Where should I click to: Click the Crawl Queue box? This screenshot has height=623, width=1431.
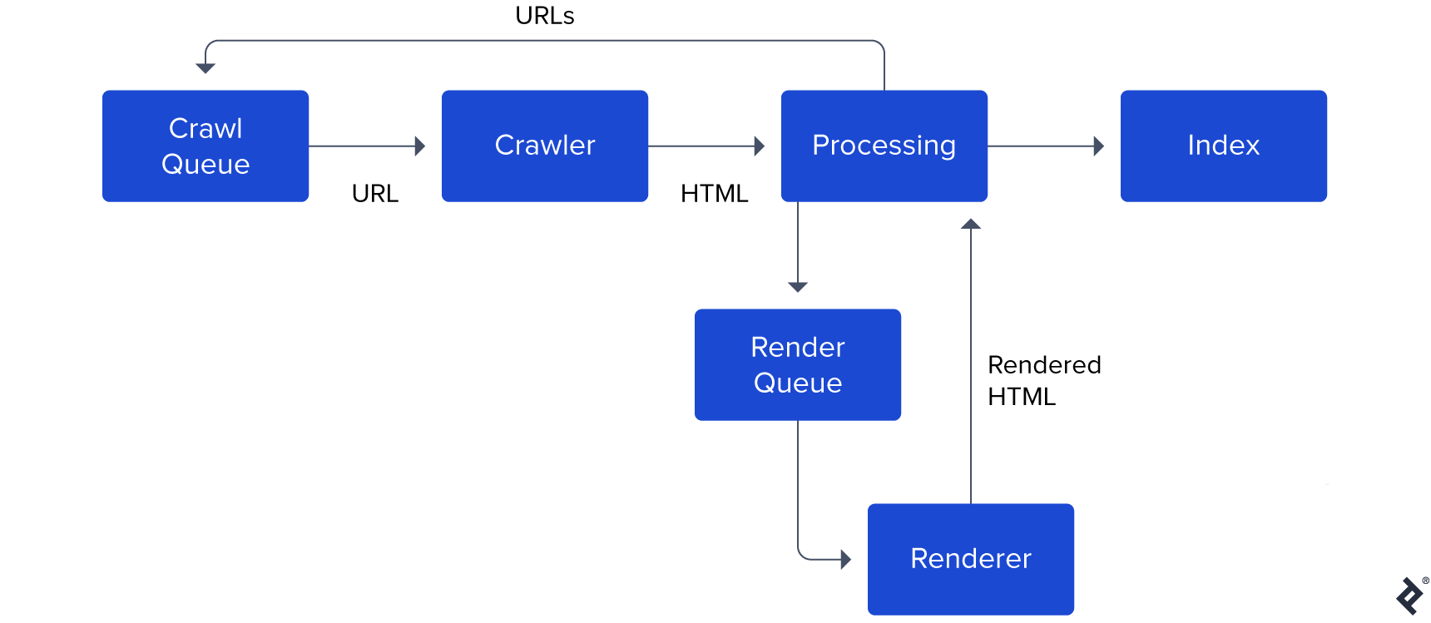205,146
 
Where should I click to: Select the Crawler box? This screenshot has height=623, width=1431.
544,146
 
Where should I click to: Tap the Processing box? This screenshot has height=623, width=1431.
884,146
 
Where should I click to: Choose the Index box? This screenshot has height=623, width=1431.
1223,146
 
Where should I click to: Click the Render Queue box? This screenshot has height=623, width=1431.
797,364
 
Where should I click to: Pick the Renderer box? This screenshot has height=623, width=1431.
970,558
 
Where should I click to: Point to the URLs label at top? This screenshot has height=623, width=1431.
544,16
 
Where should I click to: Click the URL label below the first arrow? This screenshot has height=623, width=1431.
374,194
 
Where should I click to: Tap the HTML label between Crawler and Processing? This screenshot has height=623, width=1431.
714,194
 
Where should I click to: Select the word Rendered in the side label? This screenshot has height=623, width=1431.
1044,365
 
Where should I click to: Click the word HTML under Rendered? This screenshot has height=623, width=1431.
1021,397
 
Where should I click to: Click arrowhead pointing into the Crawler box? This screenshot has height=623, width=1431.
420,146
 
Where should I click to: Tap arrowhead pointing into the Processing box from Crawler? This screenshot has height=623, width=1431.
759,146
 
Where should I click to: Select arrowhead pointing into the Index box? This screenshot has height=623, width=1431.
1098,146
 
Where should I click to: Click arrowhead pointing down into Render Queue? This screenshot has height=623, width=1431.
798,287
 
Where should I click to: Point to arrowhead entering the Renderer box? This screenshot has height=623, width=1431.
845,559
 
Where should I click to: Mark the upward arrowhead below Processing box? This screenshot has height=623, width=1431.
971,224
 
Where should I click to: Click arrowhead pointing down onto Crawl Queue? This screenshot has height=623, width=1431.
205,68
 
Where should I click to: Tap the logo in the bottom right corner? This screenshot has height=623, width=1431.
1410,596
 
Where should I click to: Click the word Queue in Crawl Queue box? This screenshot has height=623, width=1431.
205,164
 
